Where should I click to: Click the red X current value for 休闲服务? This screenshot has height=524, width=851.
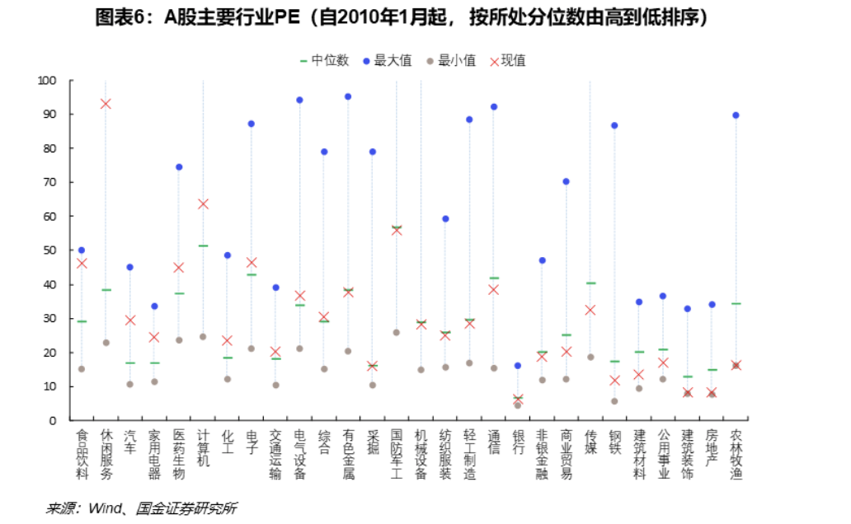click(x=106, y=104)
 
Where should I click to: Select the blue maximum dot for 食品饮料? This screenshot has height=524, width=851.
click(x=82, y=250)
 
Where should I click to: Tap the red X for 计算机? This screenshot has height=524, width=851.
click(x=203, y=204)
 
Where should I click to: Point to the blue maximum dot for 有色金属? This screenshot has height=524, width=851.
click(x=348, y=96)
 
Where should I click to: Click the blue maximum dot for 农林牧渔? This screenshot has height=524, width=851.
click(x=736, y=115)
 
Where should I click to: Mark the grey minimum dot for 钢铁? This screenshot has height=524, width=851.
click(x=614, y=401)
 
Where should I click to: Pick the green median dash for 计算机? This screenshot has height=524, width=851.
click(x=203, y=246)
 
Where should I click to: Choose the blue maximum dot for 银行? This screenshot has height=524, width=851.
click(x=518, y=365)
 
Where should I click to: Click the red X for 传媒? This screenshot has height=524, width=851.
click(x=590, y=310)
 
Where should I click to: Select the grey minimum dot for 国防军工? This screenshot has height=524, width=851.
click(x=397, y=332)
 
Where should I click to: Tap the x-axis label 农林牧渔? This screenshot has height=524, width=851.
click(x=736, y=453)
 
